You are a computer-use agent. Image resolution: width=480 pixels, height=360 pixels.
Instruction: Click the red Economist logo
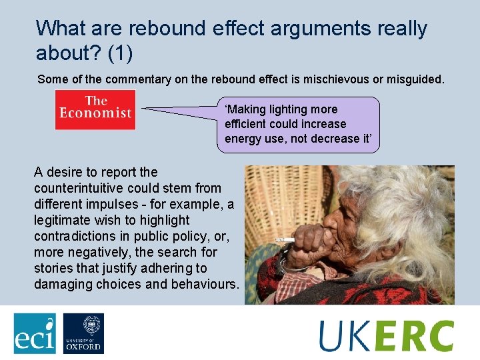[x=95, y=109]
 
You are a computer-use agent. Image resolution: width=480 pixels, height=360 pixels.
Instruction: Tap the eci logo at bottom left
[x=35, y=333]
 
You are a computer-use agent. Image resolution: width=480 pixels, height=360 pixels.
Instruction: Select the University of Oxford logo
[x=83, y=333]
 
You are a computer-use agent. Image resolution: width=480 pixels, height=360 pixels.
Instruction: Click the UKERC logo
[x=387, y=335]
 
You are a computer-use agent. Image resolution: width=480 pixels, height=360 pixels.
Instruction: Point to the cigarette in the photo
[x=285, y=239]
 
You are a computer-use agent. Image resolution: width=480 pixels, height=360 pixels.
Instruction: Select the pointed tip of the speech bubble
[x=145, y=109]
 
